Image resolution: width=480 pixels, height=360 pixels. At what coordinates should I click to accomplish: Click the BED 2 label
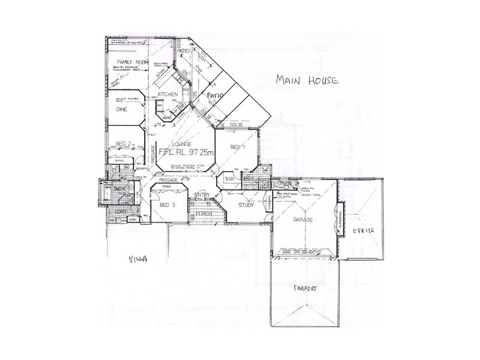pos(124,144)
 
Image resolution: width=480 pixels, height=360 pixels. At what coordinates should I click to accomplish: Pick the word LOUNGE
pos(181,145)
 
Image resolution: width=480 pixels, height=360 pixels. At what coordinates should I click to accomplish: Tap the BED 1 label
pos(238,147)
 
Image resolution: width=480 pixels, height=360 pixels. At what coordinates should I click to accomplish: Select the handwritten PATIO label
pos(215,95)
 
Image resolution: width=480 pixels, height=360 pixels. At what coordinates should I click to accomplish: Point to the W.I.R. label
pos(229,179)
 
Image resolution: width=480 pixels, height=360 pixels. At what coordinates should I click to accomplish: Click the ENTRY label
pos(202,196)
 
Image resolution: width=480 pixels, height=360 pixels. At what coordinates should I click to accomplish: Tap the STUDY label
pos(247,205)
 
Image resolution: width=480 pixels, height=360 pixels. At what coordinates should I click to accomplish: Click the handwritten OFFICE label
pos(363,230)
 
